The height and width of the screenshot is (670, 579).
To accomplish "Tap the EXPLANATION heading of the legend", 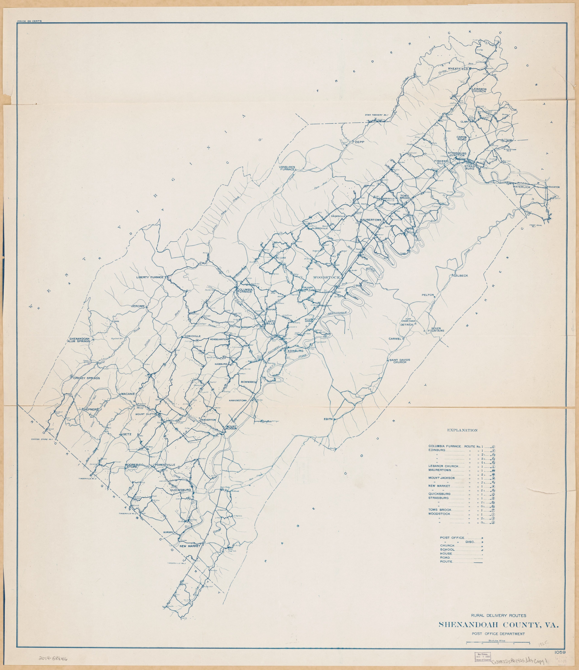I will [462, 430].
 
